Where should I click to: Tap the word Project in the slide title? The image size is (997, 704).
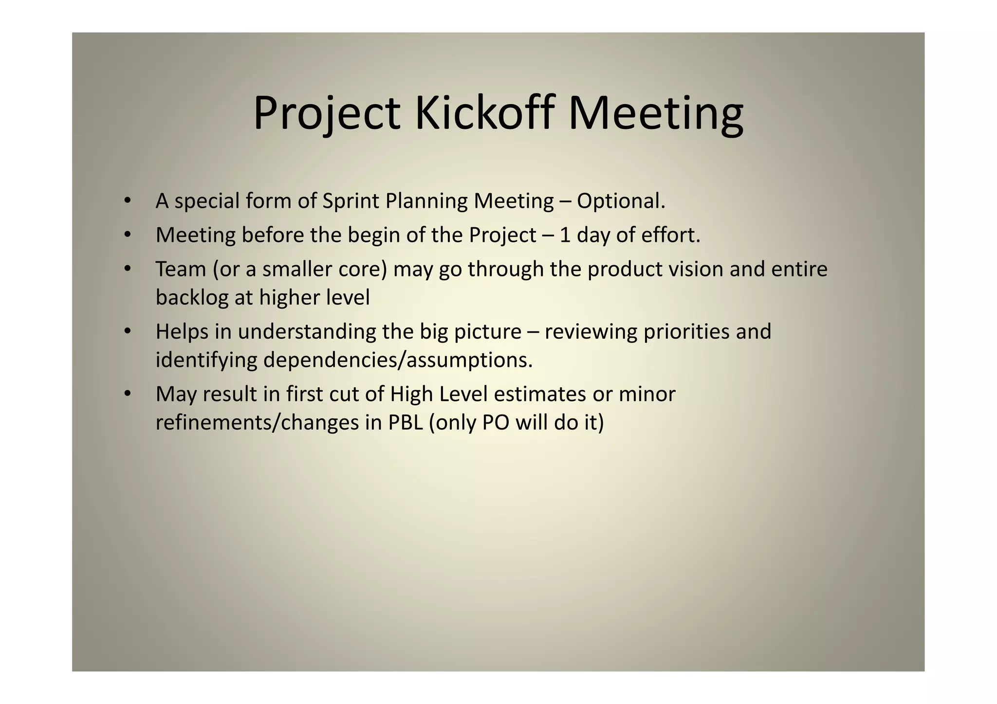coord(327,113)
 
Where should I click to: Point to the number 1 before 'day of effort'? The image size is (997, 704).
coord(565,235)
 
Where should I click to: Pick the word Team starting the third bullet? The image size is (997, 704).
coord(181,269)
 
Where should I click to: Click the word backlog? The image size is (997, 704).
coord(192,298)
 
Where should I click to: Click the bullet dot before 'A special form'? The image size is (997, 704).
coord(128,200)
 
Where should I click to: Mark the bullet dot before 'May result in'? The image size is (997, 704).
coord(128,393)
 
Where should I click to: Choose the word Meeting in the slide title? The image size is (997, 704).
coord(656,113)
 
